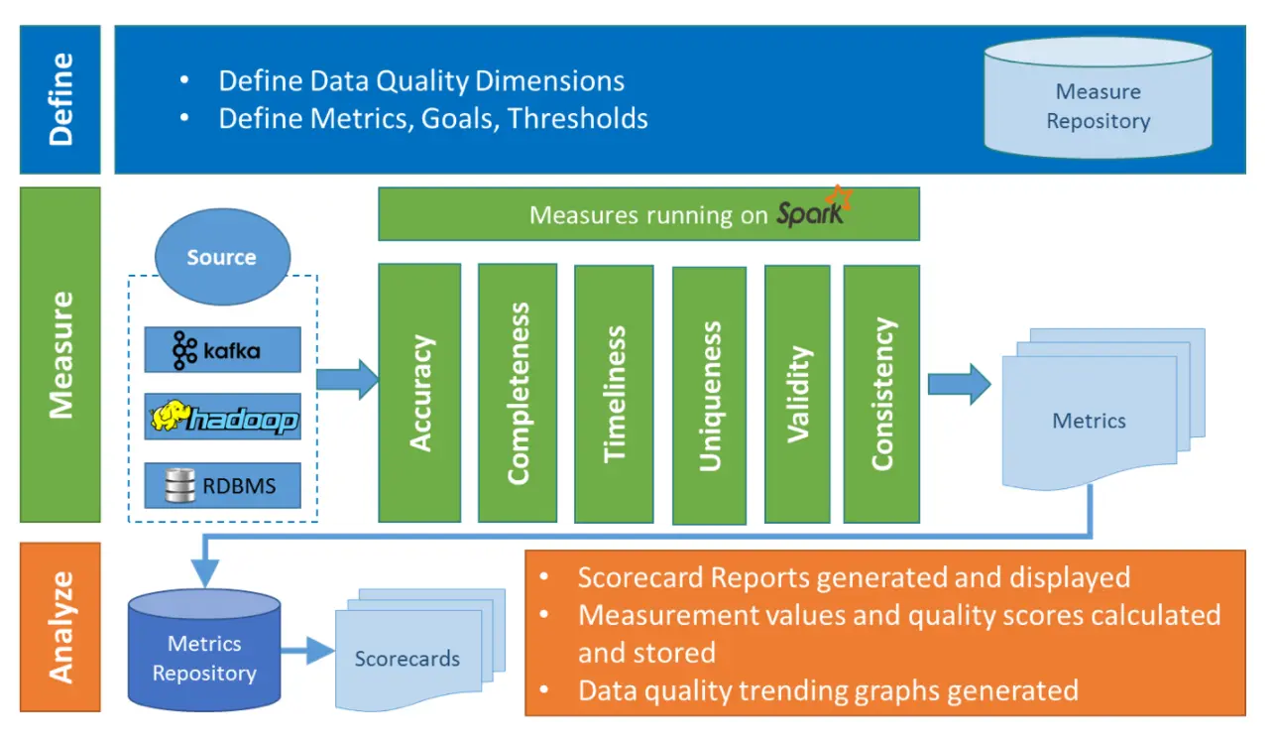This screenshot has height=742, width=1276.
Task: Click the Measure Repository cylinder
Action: pos(1098,106)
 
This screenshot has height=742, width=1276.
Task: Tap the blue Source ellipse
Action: pos(221,257)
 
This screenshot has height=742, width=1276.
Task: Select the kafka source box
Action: pos(222,350)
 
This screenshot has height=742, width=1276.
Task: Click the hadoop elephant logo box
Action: pos(222,419)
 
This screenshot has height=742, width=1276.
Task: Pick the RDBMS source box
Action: pos(222,486)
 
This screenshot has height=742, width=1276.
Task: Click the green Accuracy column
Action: pos(419,393)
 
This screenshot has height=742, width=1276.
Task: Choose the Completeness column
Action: pos(517,393)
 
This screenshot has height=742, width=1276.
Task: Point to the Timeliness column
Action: pos(614,393)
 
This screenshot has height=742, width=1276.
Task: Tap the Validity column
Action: pos(797,393)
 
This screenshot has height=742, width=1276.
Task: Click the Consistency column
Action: pos(880,393)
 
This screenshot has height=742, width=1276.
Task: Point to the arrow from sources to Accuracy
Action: pos(347,378)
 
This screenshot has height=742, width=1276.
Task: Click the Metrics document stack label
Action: pos(1089,421)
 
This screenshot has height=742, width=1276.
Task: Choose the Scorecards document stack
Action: pos(407,658)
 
